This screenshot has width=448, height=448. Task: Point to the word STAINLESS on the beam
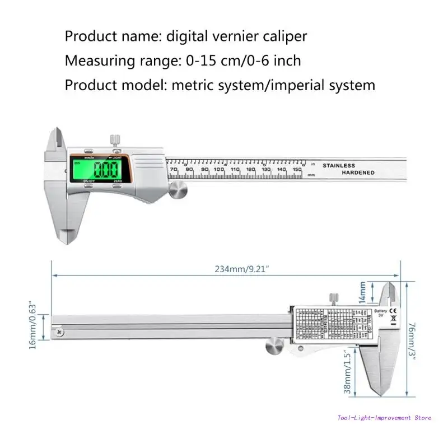[x=338, y=165]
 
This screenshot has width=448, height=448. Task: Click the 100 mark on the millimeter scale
[x=219, y=169]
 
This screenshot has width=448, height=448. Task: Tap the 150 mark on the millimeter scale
[x=297, y=169]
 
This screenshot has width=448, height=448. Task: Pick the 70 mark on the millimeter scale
[x=174, y=169]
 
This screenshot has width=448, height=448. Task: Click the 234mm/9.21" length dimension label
[x=242, y=269]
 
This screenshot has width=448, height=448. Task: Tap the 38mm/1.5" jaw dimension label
[x=348, y=373]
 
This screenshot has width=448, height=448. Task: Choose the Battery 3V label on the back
[x=381, y=313]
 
